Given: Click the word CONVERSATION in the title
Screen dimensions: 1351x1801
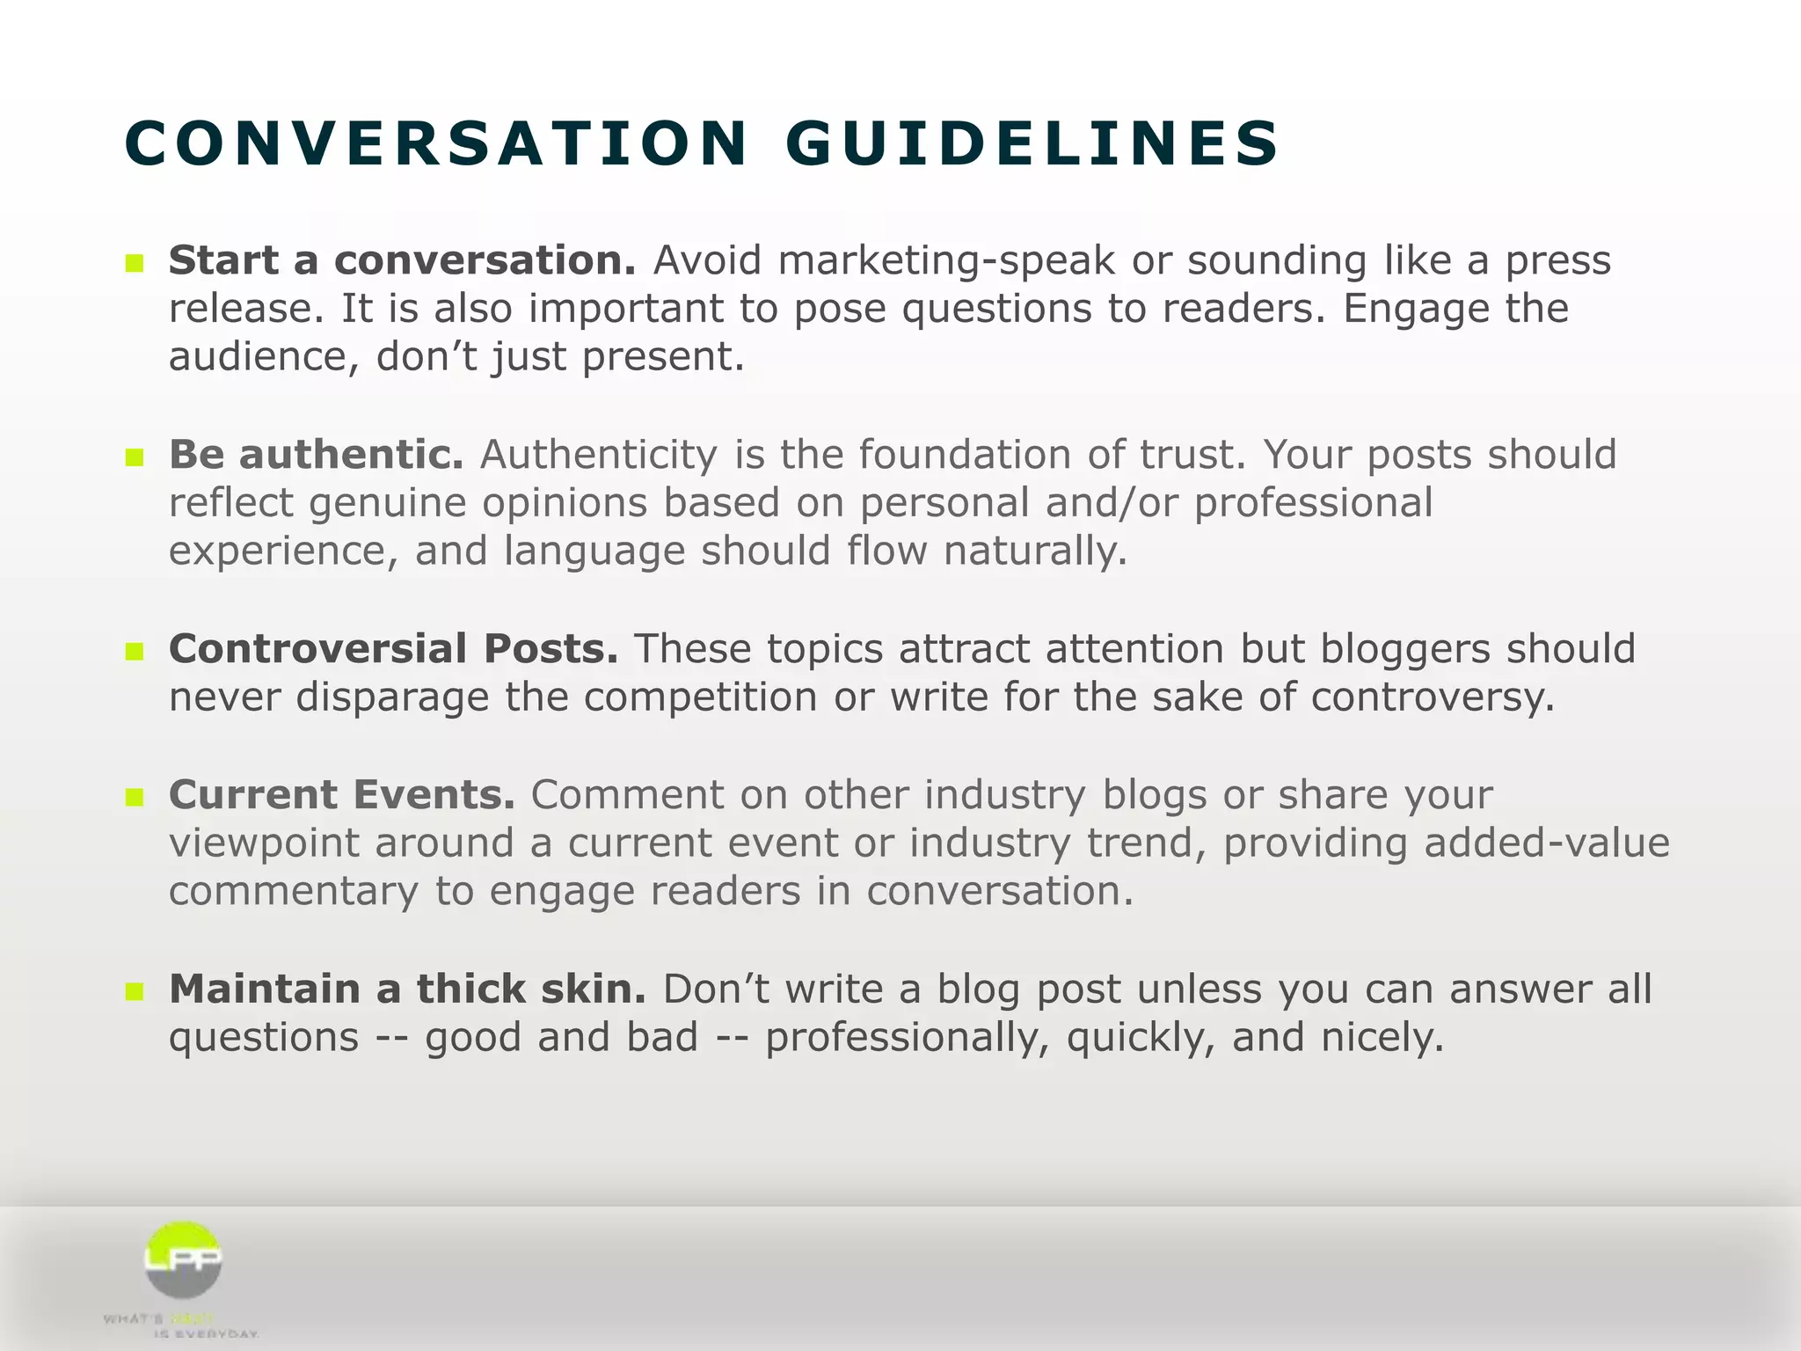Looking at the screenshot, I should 436,143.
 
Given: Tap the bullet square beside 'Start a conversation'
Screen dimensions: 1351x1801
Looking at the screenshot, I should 134,263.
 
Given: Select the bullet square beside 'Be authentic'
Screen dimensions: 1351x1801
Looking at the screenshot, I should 134,457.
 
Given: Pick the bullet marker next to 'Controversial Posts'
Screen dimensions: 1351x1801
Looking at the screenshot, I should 134,652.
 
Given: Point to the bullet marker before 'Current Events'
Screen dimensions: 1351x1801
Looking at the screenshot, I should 134,798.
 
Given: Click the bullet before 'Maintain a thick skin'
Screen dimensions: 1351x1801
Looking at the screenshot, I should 134,992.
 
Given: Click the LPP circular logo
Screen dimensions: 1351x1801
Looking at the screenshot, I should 183,1260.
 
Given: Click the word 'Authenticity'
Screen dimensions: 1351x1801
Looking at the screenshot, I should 598,456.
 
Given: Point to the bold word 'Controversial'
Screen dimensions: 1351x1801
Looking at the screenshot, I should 318,650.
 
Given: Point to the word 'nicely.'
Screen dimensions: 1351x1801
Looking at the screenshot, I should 1382,1039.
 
